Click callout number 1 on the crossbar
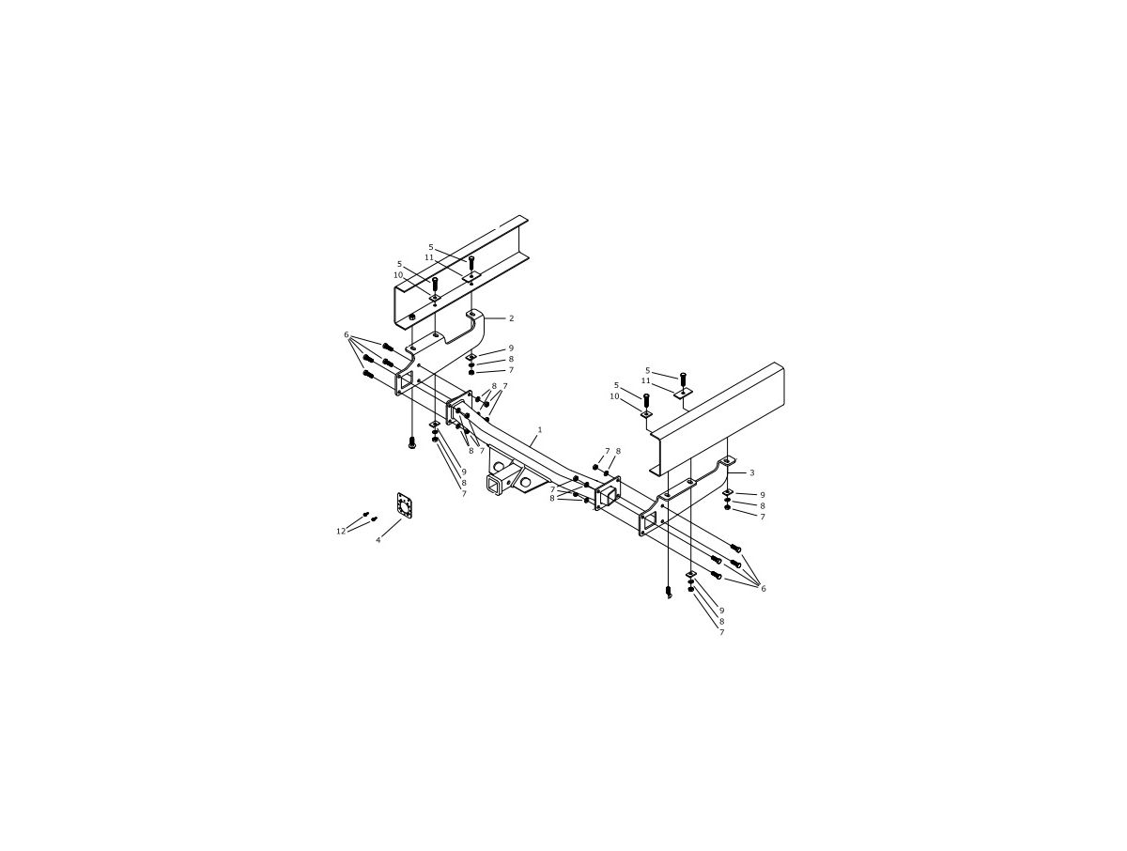coord(539,429)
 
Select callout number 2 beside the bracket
coord(512,318)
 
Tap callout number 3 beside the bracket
coord(751,472)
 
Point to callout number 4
coord(378,540)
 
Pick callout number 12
coord(341,532)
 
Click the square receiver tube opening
coord(495,483)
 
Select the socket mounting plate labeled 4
coord(405,507)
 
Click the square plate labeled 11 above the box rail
coord(683,393)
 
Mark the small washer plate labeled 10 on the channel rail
coord(435,298)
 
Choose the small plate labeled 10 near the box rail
coord(646,413)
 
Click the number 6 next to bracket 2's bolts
coord(347,335)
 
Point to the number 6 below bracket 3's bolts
coord(763,589)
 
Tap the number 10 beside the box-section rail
coord(614,396)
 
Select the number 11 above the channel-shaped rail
coord(429,257)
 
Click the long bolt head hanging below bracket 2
coord(411,443)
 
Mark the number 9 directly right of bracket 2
coord(511,348)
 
